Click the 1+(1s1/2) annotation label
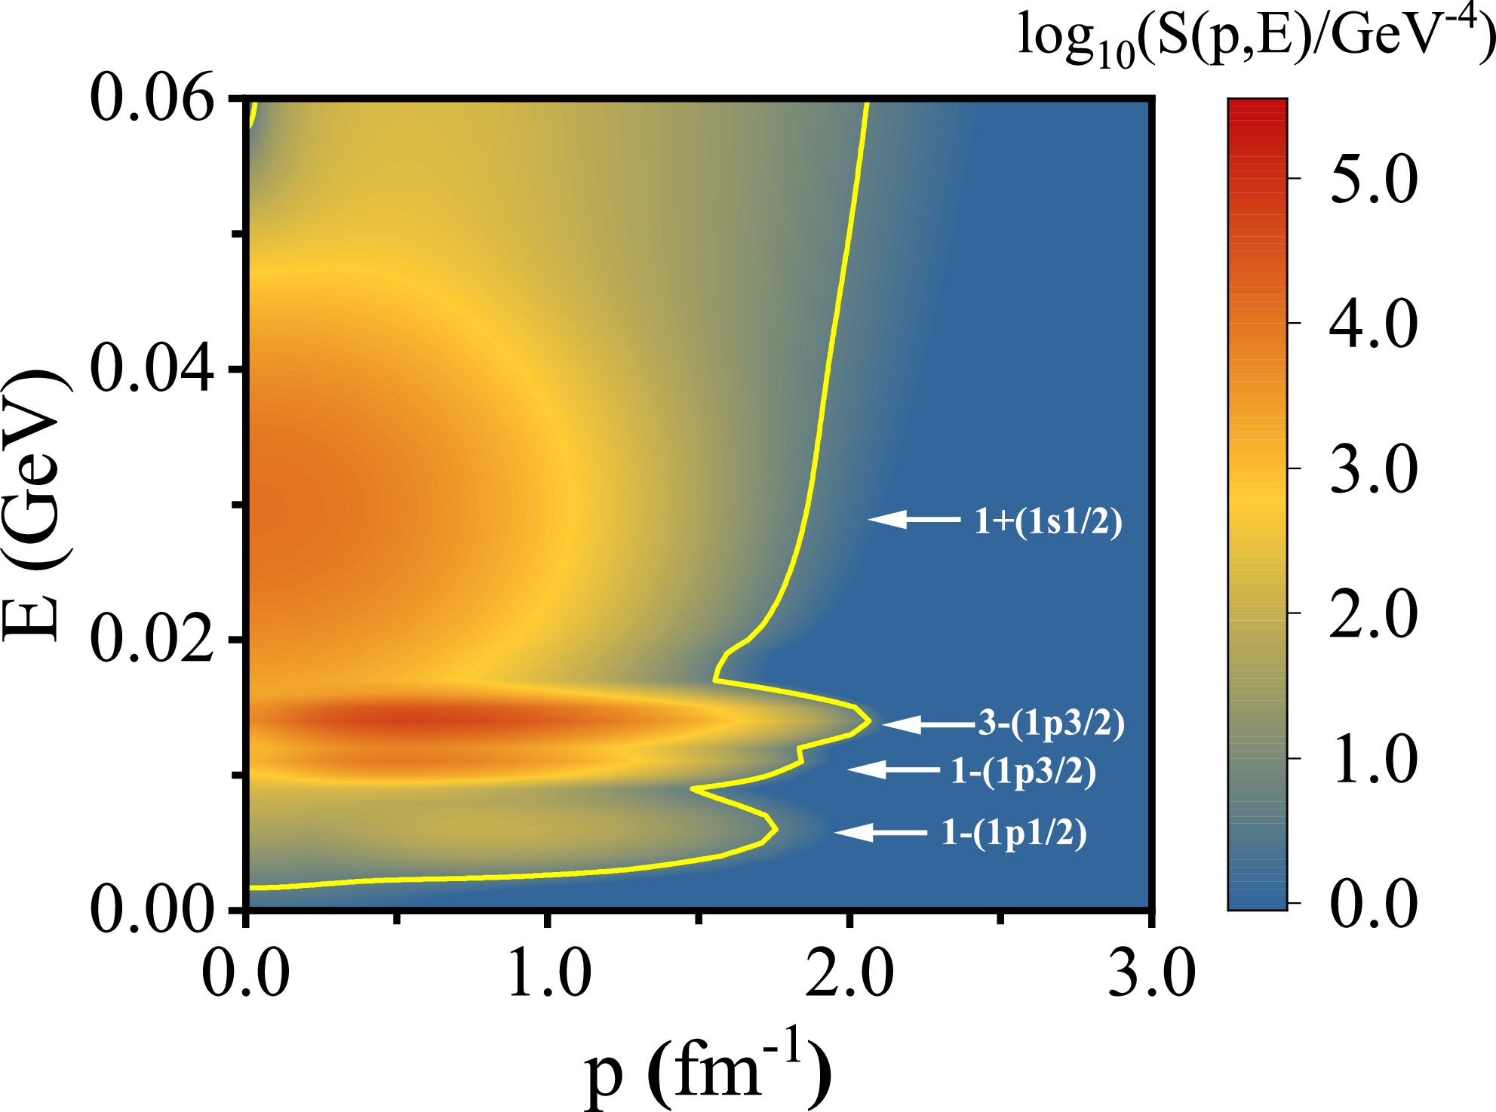click(1048, 521)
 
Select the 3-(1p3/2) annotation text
click(1052, 723)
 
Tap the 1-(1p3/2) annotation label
click(1023, 771)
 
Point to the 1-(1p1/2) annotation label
click(1014, 833)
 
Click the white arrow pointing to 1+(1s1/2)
click(914, 519)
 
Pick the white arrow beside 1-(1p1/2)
click(881, 832)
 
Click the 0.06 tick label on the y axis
click(152, 99)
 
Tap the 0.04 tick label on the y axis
click(152, 369)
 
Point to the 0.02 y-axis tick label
click(152, 639)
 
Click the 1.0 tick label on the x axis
click(548, 974)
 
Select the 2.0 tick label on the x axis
click(849, 974)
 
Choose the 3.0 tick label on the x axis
click(1151, 974)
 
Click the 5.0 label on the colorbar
click(1373, 180)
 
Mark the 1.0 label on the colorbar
click(1373, 759)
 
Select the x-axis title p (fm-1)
click(708, 1071)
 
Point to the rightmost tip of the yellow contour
click(870, 720)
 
